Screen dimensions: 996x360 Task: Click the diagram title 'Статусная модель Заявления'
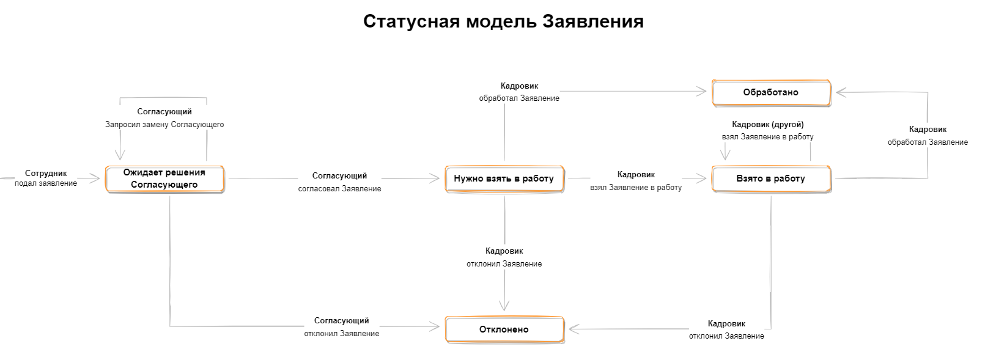pyautogui.click(x=503, y=21)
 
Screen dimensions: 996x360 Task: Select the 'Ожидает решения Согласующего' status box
pyautogui.click(x=164, y=178)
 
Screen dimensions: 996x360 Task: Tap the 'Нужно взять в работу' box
pyautogui.click(x=504, y=178)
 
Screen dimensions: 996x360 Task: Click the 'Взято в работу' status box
pyautogui.click(x=771, y=178)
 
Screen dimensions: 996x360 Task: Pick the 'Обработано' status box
pyautogui.click(x=771, y=92)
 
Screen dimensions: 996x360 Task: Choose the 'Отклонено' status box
pyautogui.click(x=504, y=329)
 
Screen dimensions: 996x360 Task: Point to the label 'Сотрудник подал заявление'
pyautogui.click(x=46, y=178)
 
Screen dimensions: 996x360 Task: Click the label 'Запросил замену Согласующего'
pyautogui.click(x=164, y=125)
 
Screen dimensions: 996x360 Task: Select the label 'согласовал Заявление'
pyautogui.click(x=340, y=189)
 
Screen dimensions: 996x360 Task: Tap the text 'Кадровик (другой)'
pyautogui.click(x=768, y=125)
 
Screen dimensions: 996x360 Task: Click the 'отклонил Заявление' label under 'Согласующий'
pyautogui.click(x=342, y=333)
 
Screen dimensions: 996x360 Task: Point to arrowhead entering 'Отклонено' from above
pyautogui.click(x=504, y=306)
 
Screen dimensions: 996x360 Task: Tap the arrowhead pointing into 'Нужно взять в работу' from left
pyautogui.click(x=435, y=178)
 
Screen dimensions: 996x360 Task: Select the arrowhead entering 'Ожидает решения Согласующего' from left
pyautogui.click(x=95, y=178)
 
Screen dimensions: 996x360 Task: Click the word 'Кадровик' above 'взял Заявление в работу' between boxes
pyautogui.click(x=636, y=175)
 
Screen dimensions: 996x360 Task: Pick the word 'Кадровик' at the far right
pyautogui.click(x=928, y=130)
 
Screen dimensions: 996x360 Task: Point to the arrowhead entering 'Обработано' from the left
pyautogui.click(x=701, y=92)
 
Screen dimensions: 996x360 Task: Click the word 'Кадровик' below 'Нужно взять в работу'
pyautogui.click(x=504, y=251)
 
